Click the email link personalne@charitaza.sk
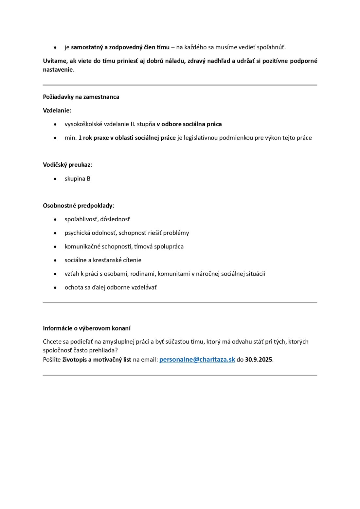197,360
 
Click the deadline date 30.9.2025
259,360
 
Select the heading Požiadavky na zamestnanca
81,97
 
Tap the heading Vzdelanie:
57,110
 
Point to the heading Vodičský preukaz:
67,165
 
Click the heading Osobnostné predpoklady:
79,206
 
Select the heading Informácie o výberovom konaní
87,328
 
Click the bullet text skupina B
78,178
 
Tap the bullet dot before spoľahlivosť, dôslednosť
55,220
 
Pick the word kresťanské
106,260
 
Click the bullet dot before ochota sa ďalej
55,288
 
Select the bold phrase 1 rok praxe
93,138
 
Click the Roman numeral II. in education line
133,124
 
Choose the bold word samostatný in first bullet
87,47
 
